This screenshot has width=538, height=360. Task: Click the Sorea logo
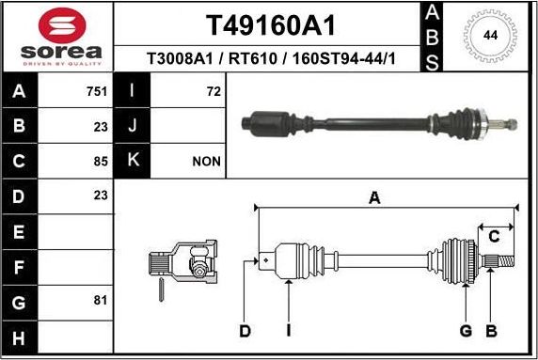point(56,39)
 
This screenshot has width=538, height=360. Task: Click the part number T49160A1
point(270,23)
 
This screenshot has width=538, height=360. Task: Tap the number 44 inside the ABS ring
point(490,36)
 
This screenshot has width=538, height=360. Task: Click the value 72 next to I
point(213,92)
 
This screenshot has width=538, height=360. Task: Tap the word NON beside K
point(206,161)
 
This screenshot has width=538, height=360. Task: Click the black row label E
point(20,230)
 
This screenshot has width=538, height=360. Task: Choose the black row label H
point(20,335)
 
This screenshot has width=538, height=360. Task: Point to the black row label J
point(131,126)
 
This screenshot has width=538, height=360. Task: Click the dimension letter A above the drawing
point(374,197)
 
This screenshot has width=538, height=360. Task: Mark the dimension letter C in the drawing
point(493,235)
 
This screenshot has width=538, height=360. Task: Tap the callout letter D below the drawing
point(245,330)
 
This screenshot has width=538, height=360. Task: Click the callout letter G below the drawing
point(466,330)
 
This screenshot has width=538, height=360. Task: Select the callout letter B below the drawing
point(490,330)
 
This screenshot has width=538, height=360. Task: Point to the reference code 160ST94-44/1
point(344,59)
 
